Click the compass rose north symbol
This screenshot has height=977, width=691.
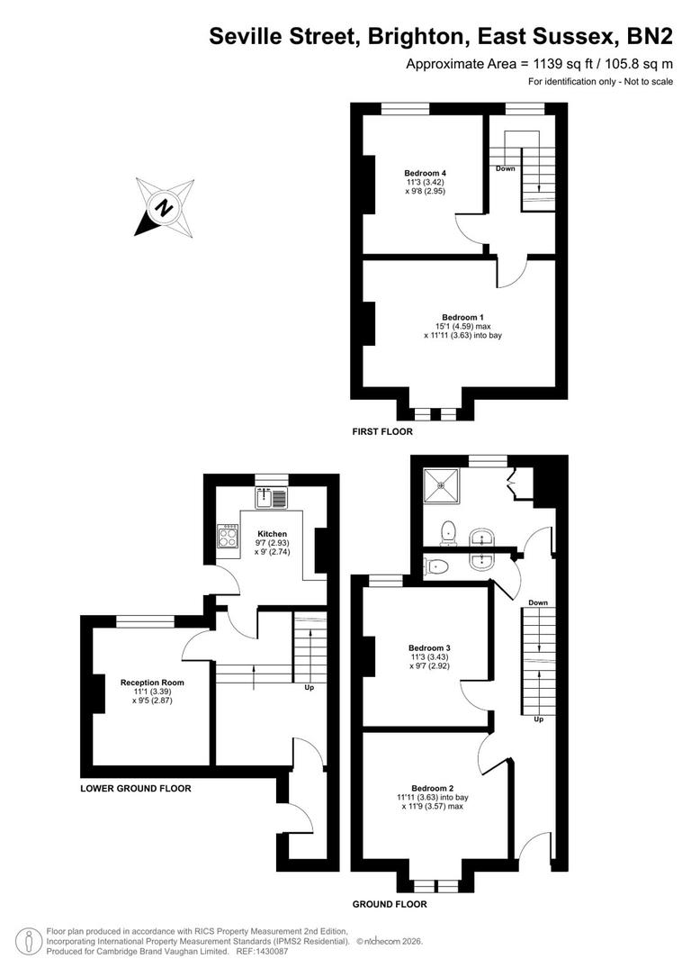(x=164, y=207)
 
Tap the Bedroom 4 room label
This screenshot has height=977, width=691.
(x=426, y=173)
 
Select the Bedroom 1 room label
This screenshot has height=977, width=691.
(x=463, y=317)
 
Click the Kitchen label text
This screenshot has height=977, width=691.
(x=272, y=533)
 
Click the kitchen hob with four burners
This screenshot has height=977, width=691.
(x=226, y=538)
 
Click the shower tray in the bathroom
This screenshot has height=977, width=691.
(x=443, y=485)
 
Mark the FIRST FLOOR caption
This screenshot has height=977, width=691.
(x=382, y=432)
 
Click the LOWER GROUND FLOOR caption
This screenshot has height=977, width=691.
(x=136, y=788)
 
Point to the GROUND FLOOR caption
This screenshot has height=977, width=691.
(x=390, y=904)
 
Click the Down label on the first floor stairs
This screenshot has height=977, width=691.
(x=505, y=168)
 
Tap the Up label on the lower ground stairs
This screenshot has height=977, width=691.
(x=310, y=689)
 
